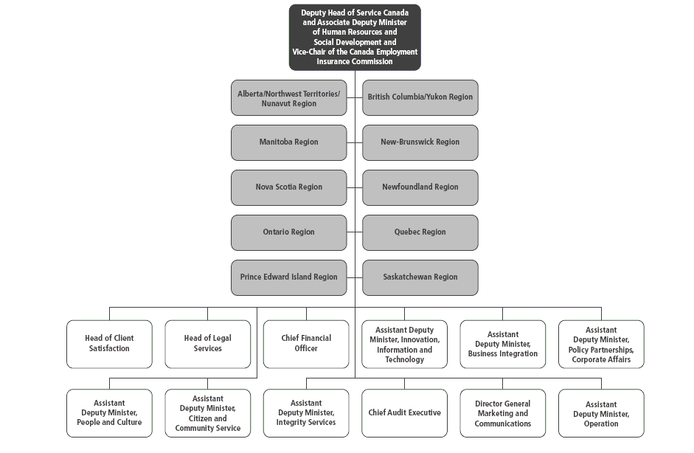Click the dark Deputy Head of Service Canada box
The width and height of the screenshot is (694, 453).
(x=355, y=37)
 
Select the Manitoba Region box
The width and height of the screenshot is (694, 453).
(x=288, y=142)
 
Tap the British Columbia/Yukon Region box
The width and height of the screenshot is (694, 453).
(x=420, y=97)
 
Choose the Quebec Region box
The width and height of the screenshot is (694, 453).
(x=420, y=232)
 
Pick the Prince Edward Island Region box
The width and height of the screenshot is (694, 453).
(x=288, y=277)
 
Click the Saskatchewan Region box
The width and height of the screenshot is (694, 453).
(x=420, y=277)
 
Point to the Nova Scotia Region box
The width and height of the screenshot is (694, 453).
(x=288, y=187)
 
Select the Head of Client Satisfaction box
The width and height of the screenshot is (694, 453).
(x=109, y=344)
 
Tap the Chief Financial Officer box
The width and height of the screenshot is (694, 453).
(x=306, y=344)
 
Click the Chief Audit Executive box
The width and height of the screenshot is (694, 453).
(x=404, y=412)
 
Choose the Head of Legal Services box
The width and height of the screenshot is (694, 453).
(x=207, y=344)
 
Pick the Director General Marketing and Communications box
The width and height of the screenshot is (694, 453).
(x=502, y=412)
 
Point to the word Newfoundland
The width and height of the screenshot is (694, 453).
(x=407, y=187)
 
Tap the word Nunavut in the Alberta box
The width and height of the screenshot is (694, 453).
(x=275, y=103)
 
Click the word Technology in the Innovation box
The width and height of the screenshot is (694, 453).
(x=405, y=359)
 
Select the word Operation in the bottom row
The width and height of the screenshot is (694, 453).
(x=601, y=423)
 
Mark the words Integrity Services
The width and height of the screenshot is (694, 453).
(x=306, y=423)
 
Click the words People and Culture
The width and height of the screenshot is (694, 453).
(x=109, y=423)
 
